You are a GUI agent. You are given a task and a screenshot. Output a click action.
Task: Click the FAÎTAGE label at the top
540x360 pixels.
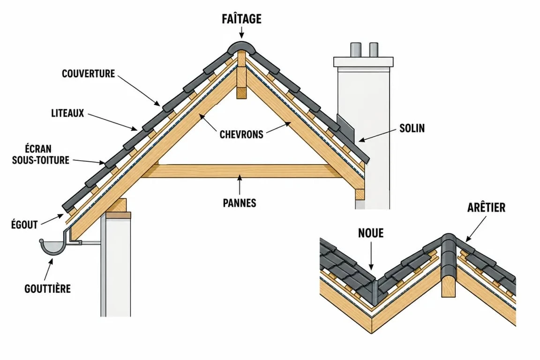(241, 19)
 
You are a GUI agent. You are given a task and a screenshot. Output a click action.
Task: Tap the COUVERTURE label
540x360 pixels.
(88, 74)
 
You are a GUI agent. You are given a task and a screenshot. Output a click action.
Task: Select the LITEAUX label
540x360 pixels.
(67, 113)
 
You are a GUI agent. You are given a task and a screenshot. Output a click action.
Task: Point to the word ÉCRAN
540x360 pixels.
(38, 149)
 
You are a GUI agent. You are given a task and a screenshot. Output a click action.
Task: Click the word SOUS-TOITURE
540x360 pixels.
(41, 160)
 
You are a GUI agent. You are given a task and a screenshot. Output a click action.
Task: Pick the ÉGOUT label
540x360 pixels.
(24, 225)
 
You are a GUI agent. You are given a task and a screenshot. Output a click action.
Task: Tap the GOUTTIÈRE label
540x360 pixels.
(47, 288)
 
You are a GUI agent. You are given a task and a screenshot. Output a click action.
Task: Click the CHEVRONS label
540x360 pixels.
(241, 134)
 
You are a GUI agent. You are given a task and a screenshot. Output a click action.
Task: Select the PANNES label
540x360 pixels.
(240, 203)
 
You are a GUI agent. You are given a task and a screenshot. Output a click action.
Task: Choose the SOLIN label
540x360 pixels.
(412, 128)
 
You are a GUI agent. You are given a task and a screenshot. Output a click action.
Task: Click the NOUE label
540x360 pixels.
(371, 233)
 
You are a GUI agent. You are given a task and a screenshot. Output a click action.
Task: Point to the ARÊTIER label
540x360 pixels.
(486, 207)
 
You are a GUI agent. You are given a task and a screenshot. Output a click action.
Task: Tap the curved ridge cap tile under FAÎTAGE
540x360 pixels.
(241, 47)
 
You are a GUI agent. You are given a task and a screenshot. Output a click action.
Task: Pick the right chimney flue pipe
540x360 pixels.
(374, 50)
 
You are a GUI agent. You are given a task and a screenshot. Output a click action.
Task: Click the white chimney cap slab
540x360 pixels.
(363, 62)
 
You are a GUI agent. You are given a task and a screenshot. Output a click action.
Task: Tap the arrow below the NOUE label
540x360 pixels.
(371, 255)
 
